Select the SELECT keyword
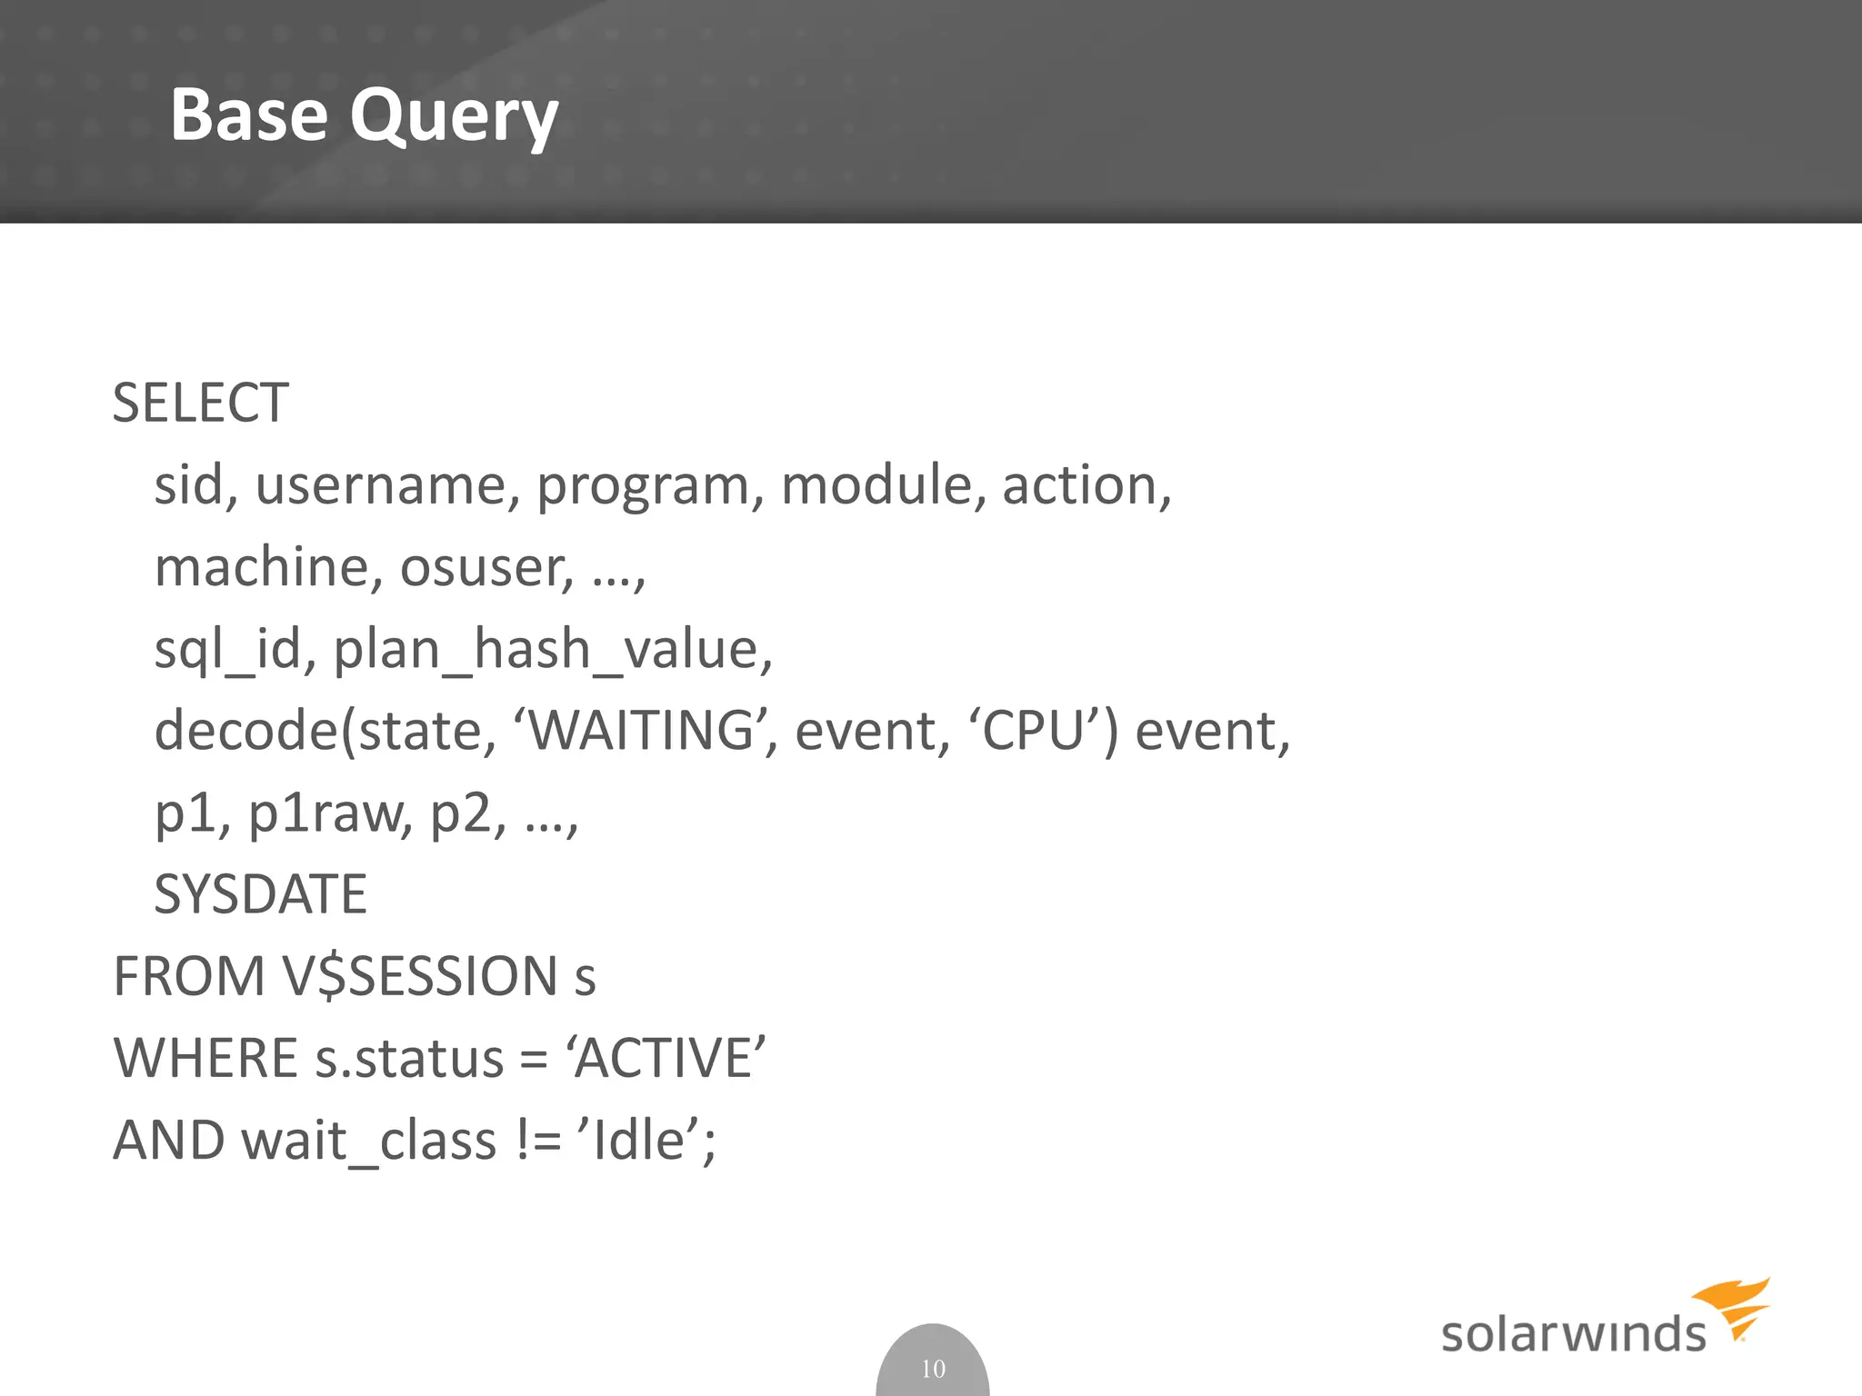pyautogui.click(x=200, y=403)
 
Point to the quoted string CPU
pyautogui.click(x=1035, y=731)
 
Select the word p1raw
pyautogui.click(x=330, y=813)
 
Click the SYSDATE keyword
pyautogui.click(x=260, y=894)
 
